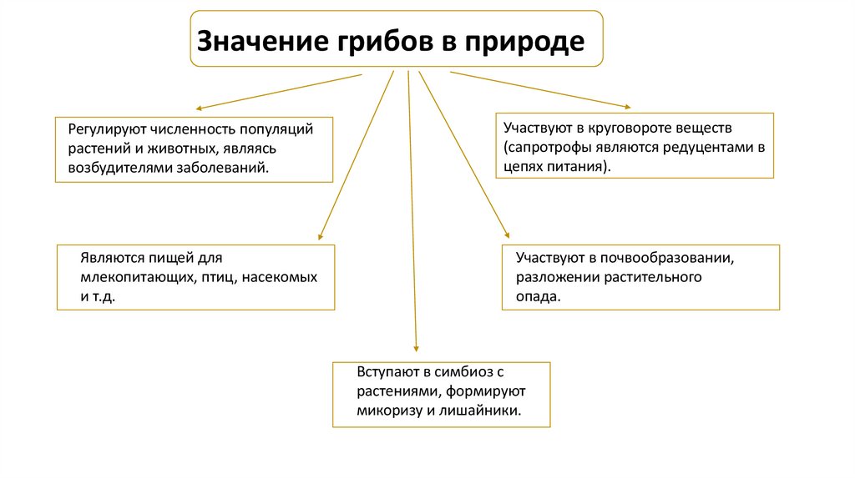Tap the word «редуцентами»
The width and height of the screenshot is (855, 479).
[706, 147]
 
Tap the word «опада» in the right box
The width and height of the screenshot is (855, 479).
[534, 296]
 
